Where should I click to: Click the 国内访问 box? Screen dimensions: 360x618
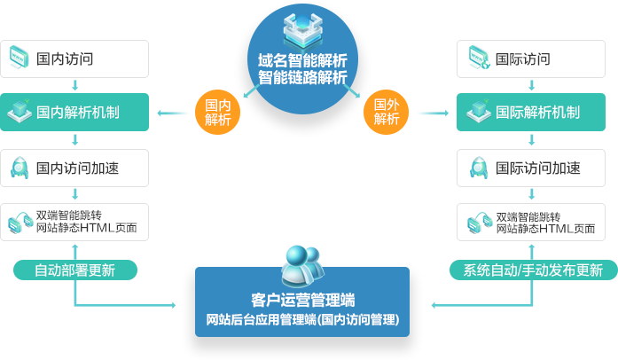click(75, 59)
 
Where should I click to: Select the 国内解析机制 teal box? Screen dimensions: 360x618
click(75, 113)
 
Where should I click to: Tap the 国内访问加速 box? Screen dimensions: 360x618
click(75, 168)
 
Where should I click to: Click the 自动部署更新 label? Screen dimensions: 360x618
click(75, 270)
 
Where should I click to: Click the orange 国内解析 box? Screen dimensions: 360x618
click(217, 112)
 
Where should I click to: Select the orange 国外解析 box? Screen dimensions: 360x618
click(387, 112)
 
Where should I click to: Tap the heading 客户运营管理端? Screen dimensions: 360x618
click(302, 298)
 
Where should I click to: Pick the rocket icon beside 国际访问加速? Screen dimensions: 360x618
click(479, 168)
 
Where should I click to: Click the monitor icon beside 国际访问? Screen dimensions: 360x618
click(479, 59)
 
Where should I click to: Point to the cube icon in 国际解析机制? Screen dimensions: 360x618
click(479, 113)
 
